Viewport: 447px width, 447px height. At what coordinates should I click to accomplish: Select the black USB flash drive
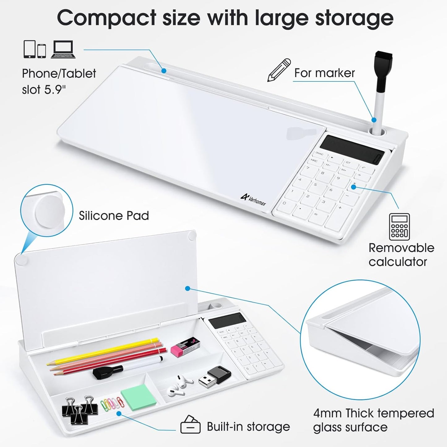(x=214, y=377)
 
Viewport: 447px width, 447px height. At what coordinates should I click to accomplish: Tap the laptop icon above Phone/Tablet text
(x=63, y=49)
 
